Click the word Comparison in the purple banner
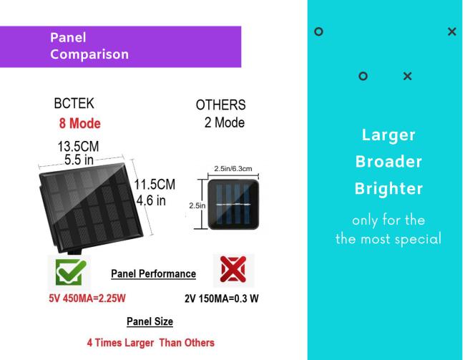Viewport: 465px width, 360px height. pos(89,54)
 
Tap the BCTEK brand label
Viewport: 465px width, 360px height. pos(74,104)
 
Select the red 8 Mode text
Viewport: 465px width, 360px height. pos(80,124)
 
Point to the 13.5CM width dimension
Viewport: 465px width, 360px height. pos(78,146)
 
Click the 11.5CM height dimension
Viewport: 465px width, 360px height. pos(155,185)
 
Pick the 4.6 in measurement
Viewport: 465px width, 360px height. pos(151,200)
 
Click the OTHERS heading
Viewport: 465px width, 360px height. pos(220,105)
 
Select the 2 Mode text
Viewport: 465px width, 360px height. pos(225,122)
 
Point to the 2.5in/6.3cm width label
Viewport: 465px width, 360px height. pos(233,169)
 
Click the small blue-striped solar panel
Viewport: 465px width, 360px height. pos(233,204)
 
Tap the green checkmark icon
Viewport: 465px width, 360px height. pos(71,272)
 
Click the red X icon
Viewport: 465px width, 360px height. pos(233,269)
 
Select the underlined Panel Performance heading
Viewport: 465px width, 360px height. pos(153,273)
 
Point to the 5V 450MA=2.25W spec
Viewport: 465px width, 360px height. pos(87,298)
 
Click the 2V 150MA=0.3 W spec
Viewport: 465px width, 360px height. pos(222,298)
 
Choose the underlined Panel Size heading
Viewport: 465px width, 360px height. pos(150,321)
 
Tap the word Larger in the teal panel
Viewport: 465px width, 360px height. pos(388,135)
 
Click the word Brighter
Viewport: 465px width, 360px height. pos(388,189)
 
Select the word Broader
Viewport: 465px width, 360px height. pos(388,162)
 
